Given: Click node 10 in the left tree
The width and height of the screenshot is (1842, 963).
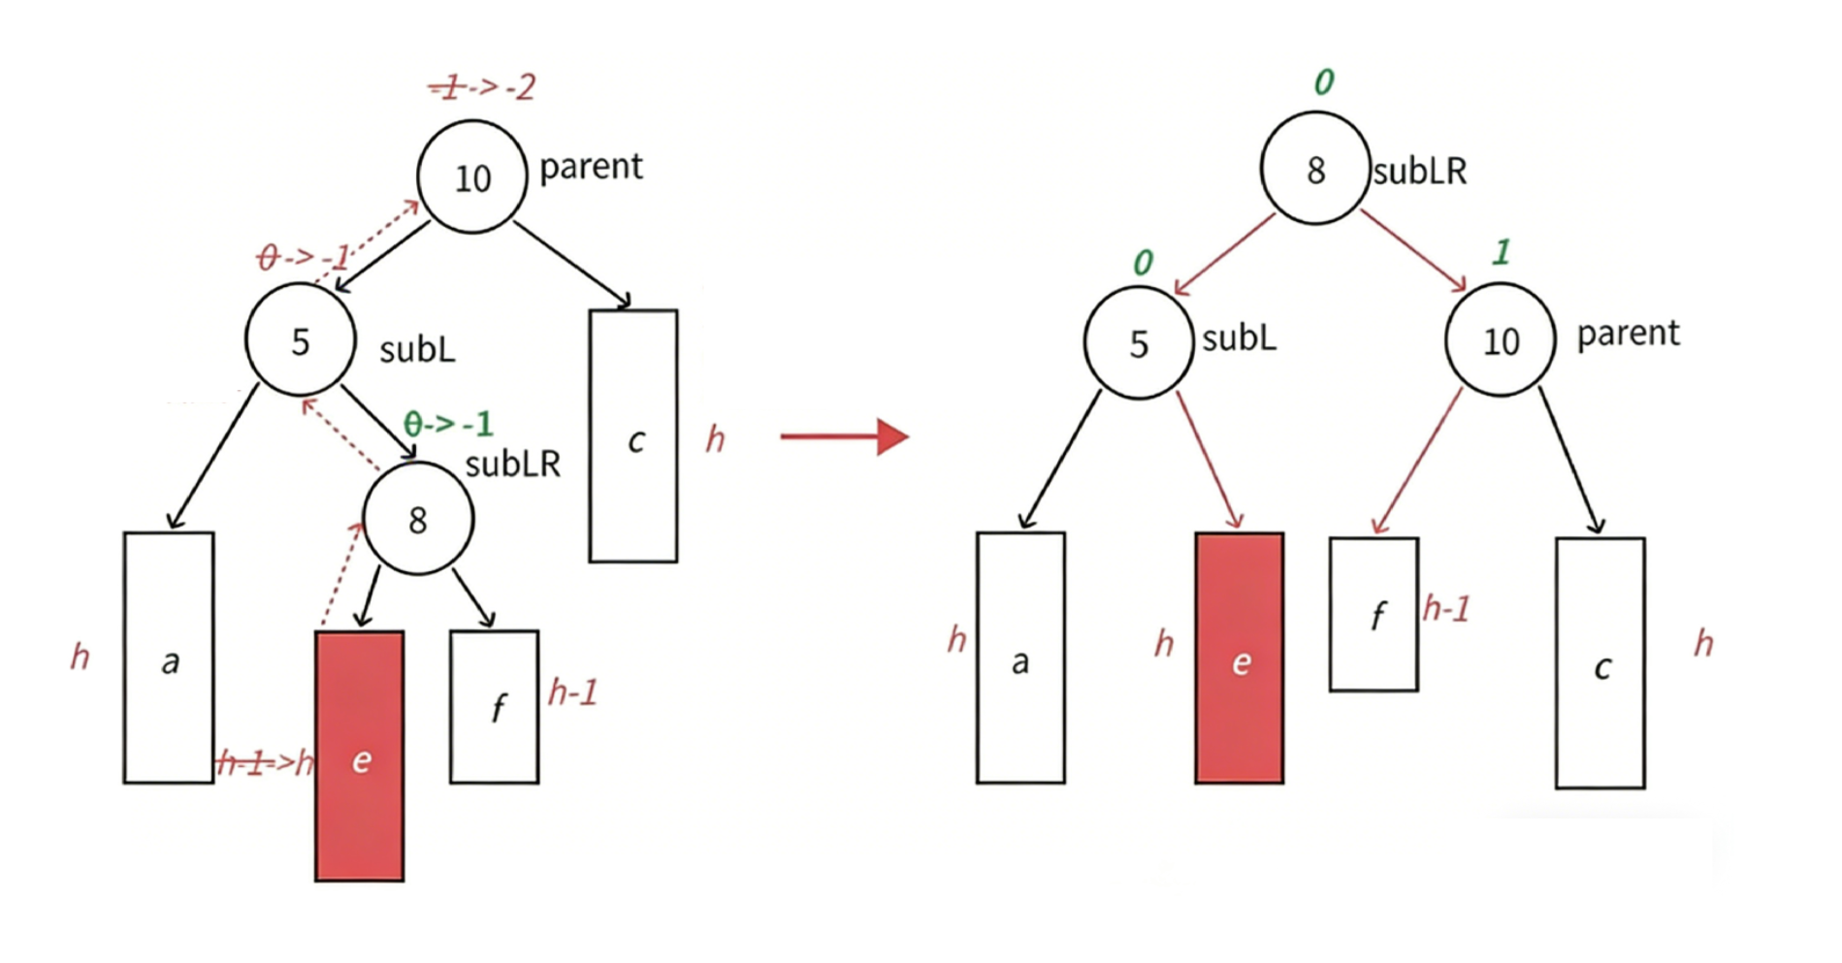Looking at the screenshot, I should point(472,177).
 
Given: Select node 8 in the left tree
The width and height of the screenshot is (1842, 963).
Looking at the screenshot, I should point(418,519).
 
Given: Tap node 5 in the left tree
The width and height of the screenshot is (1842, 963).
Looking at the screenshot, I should point(301,340).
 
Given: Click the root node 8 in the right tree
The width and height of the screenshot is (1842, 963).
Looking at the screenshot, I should point(1315,170).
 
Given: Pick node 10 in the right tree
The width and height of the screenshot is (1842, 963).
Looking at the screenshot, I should point(1501,340).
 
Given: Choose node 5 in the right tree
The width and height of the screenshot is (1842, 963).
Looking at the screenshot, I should point(1139,343).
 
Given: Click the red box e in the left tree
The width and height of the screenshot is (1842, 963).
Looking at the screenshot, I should point(360,756).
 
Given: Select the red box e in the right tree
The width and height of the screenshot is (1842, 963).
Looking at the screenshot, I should point(1240,658).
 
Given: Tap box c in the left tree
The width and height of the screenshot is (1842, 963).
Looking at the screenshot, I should point(633,436).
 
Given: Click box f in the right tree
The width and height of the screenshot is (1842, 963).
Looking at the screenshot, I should point(1373,615).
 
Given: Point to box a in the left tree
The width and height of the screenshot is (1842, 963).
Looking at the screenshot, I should point(169,658).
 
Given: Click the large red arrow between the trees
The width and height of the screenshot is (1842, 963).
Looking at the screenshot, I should point(844,436).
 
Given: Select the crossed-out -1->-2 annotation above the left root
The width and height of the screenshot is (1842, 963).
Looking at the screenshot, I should point(482,87).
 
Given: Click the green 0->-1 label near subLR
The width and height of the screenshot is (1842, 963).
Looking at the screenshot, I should point(448,424).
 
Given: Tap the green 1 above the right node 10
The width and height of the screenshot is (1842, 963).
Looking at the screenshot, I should point(1502,252).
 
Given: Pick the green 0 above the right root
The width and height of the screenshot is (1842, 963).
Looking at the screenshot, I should point(1324,82).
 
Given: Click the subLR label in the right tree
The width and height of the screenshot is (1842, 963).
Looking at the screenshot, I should point(1419,172).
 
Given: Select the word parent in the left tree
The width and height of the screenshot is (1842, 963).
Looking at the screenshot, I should point(591,167).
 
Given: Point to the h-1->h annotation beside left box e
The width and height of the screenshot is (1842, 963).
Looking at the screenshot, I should point(265,763).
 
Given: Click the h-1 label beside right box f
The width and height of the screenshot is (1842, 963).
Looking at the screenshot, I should point(1446,609).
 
